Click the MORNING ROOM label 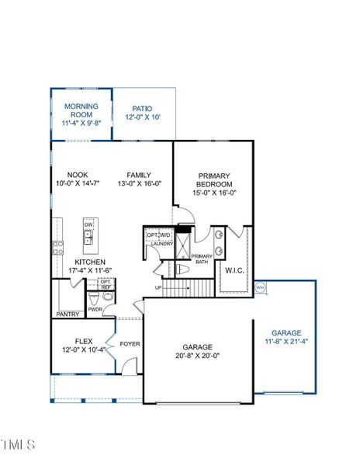[x=81, y=110]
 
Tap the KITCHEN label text [x=90, y=263]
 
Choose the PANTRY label [x=67, y=315]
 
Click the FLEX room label [x=83, y=341]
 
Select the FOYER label [x=130, y=343]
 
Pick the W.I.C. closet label [x=234, y=270]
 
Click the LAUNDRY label [x=161, y=244]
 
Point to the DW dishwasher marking [x=88, y=224]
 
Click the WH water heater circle [x=260, y=287]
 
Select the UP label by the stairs [x=160, y=287]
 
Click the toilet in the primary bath [x=182, y=269]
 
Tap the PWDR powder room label [x=95, y=309]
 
